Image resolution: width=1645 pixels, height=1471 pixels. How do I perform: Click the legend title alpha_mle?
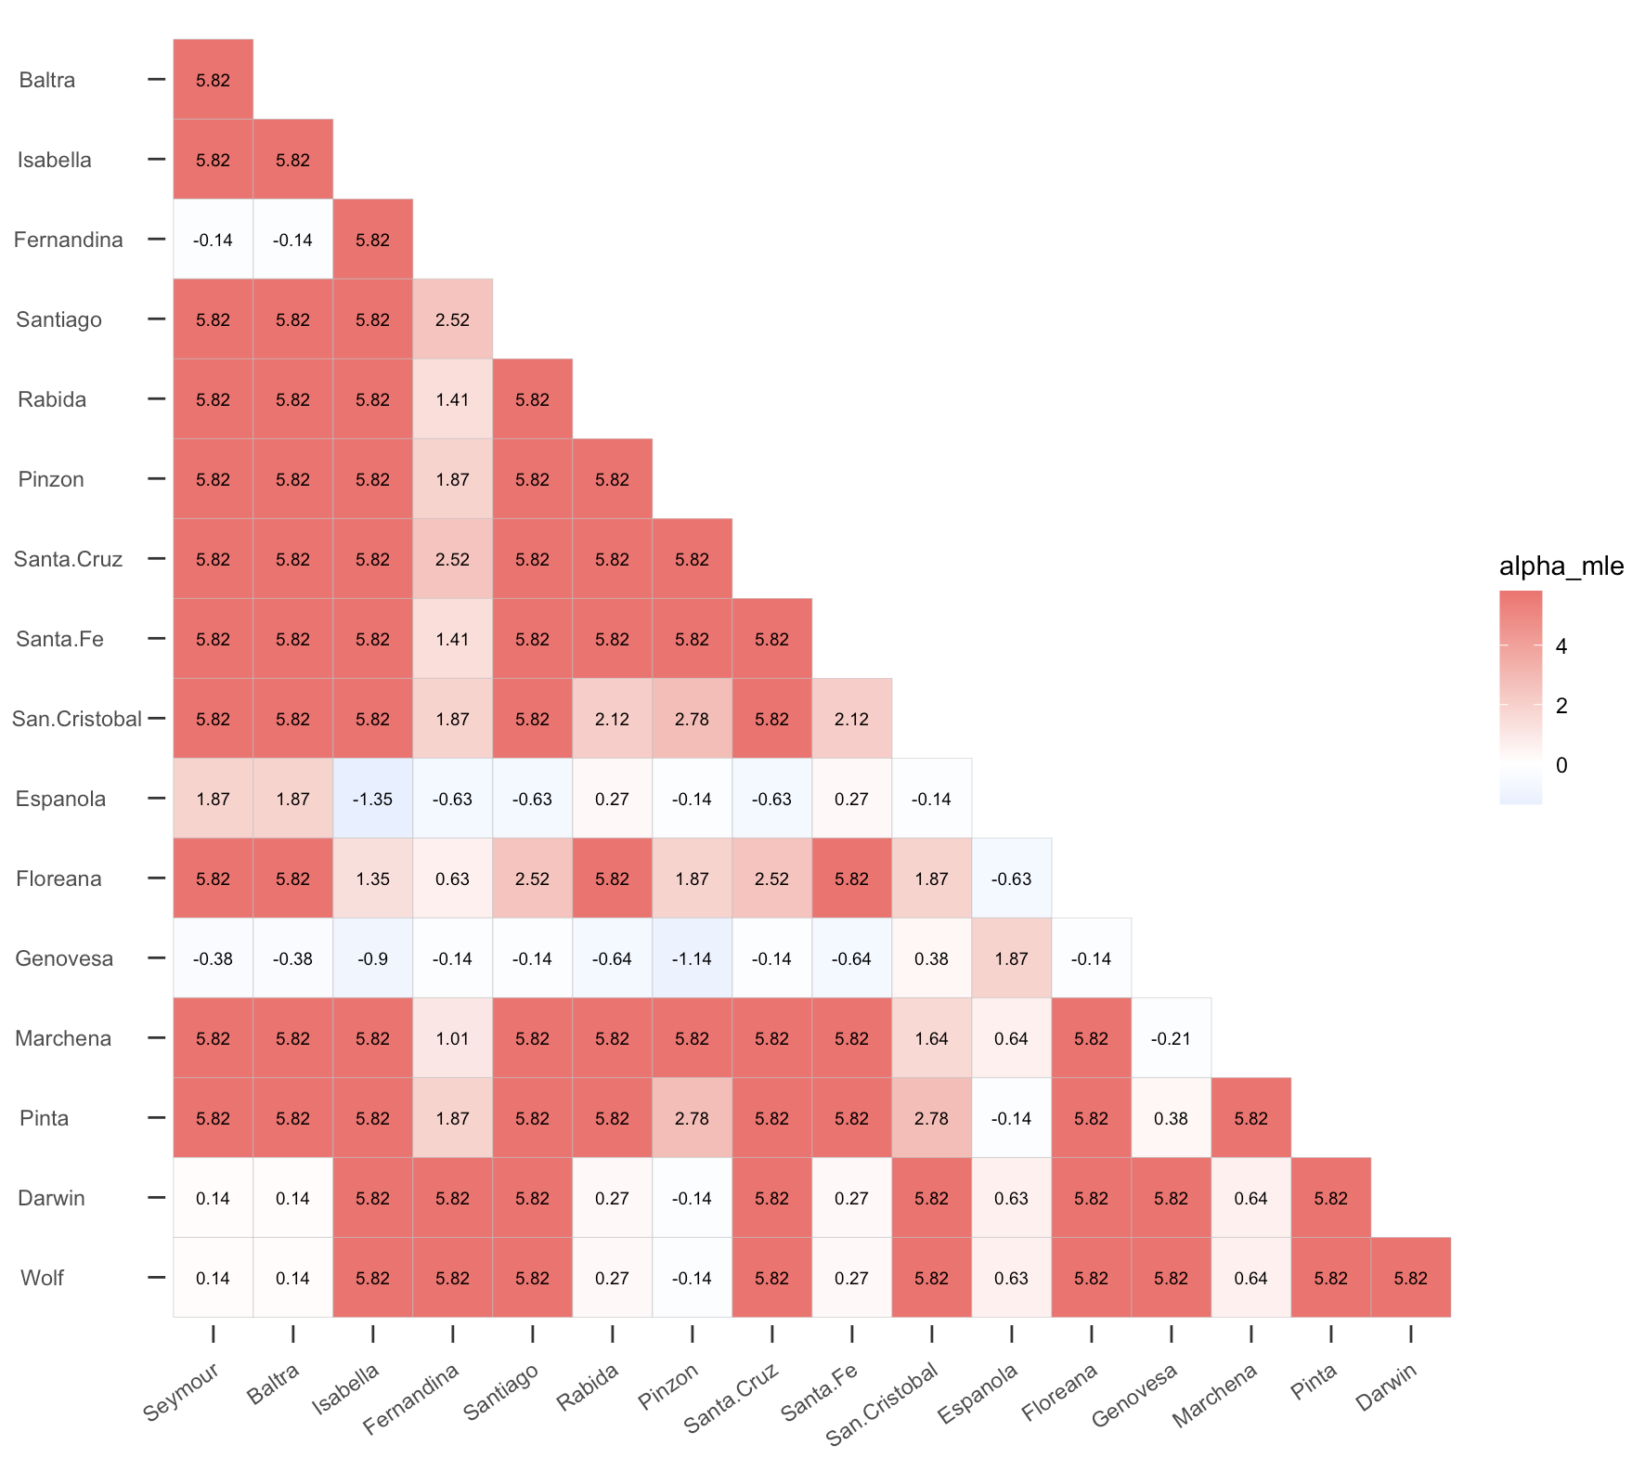pos(1561,566)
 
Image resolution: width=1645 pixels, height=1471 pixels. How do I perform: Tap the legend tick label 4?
pos(1561,646)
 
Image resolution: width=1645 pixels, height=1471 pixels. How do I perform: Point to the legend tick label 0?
pos(1561,765)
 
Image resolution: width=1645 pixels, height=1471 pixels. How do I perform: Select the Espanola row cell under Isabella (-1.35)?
pos(372,799)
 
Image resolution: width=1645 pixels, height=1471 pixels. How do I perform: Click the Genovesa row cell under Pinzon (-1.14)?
pos(692,958)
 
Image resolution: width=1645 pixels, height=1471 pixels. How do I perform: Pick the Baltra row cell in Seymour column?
pos(213,80)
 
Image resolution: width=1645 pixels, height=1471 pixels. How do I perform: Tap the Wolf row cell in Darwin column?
pos(1410,1278)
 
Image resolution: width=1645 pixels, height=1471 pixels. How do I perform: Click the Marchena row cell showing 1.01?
pos(452,1038)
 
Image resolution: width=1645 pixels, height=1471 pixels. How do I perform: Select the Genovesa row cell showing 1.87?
pos(1011,958)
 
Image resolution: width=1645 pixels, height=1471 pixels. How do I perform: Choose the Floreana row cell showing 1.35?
pos(372,879)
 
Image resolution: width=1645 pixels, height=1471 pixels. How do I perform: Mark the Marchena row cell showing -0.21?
pos(1171,1038)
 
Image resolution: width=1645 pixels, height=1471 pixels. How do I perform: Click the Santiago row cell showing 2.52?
pos(452,319)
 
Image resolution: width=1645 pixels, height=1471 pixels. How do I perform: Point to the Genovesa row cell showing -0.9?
pos(372,958)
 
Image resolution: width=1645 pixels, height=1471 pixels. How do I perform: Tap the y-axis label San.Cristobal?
pos(77,719)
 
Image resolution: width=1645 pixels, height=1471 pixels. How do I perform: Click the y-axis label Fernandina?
pos(68,240)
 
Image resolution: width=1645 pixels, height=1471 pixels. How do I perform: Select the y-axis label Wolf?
pos(42,1278)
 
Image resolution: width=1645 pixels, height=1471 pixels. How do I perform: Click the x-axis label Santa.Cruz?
pos(732,1398)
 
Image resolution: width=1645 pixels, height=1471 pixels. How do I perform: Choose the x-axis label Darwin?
pos(1386,1387)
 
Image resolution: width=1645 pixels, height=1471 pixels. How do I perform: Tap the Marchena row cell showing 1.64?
pos(931,1038)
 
